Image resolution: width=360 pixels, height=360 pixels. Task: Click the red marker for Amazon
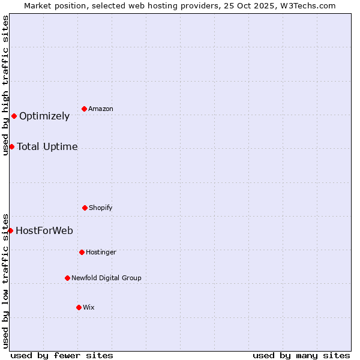[85, 109]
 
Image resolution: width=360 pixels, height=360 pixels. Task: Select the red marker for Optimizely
[14, 116]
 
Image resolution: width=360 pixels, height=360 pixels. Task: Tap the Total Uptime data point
[12, 146]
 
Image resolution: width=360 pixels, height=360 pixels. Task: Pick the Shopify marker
[85, 208]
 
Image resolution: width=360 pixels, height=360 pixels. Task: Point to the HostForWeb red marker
[11, 230]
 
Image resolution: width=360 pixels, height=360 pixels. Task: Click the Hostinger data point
[82, 252]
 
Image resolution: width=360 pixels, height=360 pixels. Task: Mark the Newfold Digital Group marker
[68, 278]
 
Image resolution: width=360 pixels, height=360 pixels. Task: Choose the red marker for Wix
[79, 307]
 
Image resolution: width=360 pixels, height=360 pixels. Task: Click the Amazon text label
[101, 109]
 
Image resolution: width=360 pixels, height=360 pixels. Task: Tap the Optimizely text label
[44, 116]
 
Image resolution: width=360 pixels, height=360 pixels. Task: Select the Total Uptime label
[47, 147]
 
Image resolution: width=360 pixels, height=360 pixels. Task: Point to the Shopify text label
[101, 208]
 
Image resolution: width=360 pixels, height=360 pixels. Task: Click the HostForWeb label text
[44, 231]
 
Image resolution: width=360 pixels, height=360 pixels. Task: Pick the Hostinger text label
[101, 253]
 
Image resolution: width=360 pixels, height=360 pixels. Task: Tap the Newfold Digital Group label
[106, 278]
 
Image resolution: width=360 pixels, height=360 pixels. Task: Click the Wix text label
[89, 308]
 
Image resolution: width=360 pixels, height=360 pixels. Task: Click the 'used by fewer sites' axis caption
[62, 355]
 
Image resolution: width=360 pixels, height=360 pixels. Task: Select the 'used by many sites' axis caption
[301, 355]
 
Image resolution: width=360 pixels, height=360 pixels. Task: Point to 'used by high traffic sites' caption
[5, 85]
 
